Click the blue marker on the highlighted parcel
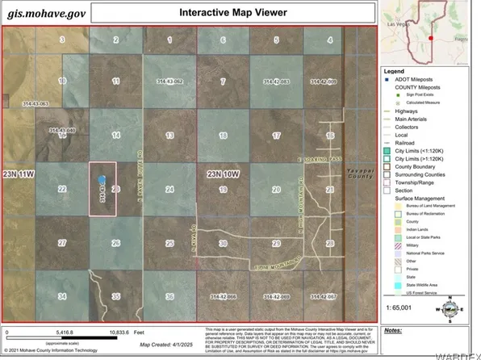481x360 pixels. pos(102,182)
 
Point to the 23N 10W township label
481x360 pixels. pos(223,174)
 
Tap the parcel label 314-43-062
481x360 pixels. pos(169,82)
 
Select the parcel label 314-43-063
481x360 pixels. pos(36,103)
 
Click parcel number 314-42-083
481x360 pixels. pos(276,82)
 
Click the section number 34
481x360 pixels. pos(61,297)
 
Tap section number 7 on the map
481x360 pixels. pos(223,82)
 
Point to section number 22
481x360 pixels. pos(61,189)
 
